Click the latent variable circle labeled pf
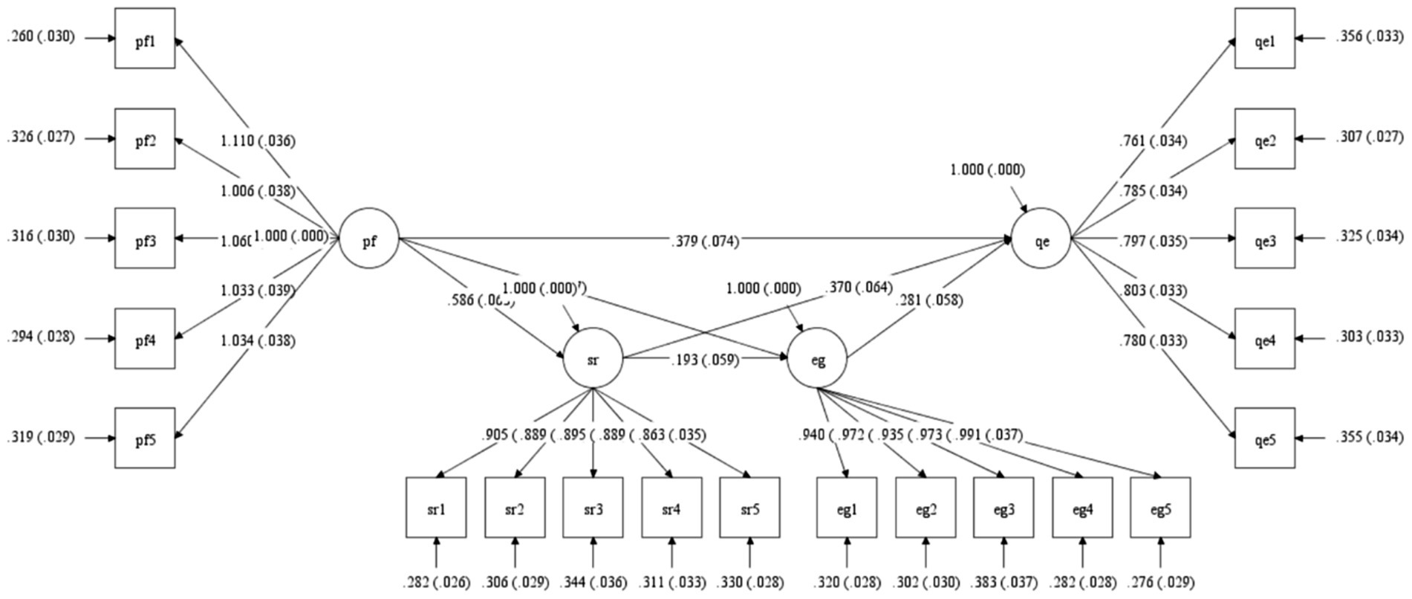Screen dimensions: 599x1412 [x=369, y=239]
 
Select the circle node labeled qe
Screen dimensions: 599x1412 [x=1041, y=239]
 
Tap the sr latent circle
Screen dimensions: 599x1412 [x=593, y=359]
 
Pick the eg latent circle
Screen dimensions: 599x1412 [x=817, y=359]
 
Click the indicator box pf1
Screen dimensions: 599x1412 [x=145, y=39]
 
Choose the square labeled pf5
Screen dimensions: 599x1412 [x=145, y=438]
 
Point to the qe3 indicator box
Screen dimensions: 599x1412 [x=1264, y=239]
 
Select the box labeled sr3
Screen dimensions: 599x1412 [x=593, y=508]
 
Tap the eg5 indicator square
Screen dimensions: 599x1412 [x=1160, y=508]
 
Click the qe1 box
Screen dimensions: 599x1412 [x=1264, y=39]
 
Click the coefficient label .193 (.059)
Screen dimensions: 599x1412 [x=703, y=360]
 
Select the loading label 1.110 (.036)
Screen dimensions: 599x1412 [x=258, y=140]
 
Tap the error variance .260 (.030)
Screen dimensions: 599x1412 [x=41, y=36]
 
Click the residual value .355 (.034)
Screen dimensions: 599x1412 [x=1370, y=436]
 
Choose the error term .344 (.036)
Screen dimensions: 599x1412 [x=593, y=582]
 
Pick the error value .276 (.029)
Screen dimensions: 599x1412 [x=1160, y=582]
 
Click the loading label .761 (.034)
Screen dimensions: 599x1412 [x=1153, y=140]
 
